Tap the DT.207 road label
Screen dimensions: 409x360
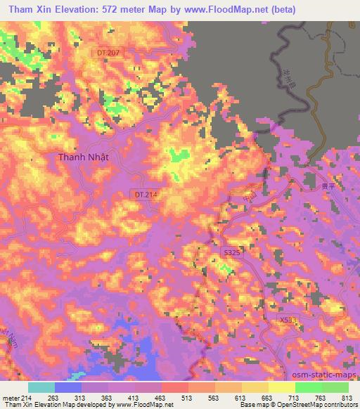tap(109, 53)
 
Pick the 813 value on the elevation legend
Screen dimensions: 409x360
tap(347, 397)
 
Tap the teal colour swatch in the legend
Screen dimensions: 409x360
tap(41, 387)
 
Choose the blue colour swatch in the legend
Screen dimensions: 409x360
tap(68, 387)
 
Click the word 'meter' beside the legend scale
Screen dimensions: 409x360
tap(11, 397)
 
